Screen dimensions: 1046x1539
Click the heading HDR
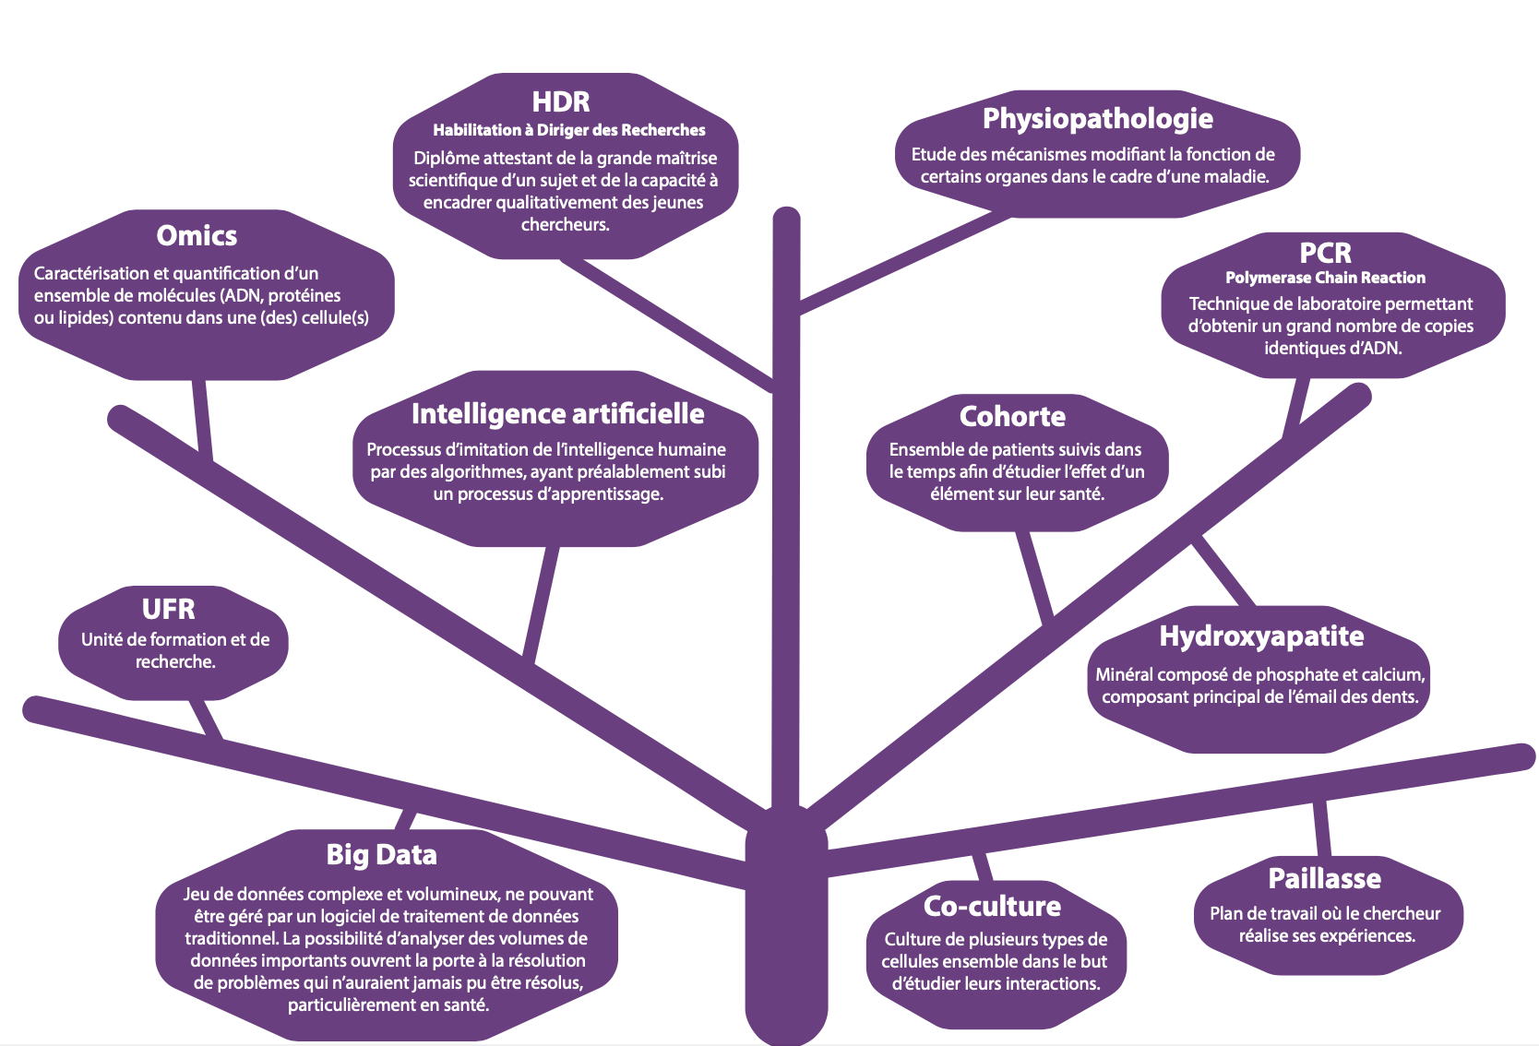tap(560, 101)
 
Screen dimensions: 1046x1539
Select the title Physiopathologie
tap(1097, 119)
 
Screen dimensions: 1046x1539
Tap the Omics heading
tap(197, 236)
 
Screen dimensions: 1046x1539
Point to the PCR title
tap(1325, 253)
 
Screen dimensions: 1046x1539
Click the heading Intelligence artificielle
tap(557, 414)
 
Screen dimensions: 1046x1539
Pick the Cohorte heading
tap(1012, 417)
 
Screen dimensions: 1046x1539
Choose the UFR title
tap(168, 609)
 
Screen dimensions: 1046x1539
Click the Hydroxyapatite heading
tap(1260, 636)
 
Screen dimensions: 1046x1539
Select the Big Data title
tap(381, 855)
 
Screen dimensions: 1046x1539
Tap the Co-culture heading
tap(992, 907)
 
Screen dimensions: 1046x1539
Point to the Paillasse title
tap(1324, 878)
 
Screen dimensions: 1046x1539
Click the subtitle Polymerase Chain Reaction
tap(1325, 278)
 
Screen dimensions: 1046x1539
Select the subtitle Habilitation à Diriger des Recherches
tap(568, 130)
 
